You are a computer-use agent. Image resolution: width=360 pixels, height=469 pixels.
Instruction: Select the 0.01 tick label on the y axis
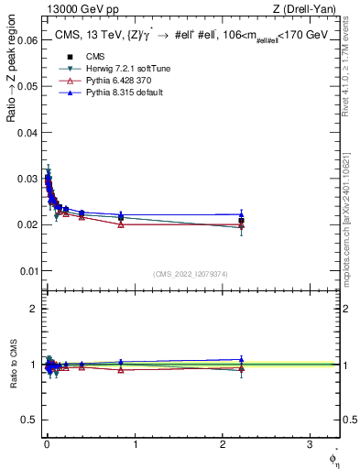(x=27, y=271)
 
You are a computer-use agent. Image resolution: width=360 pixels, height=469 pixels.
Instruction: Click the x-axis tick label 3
(x=310, y=444)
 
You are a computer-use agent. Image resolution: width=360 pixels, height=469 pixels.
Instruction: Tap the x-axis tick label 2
(x=223, y=444)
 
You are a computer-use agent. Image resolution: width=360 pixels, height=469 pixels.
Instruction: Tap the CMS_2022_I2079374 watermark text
(x=190, y=273)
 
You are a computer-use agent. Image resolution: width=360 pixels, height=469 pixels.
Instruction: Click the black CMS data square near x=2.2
(x=241, y=221)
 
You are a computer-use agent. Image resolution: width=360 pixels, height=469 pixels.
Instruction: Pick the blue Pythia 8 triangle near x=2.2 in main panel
(x=241, y=214)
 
